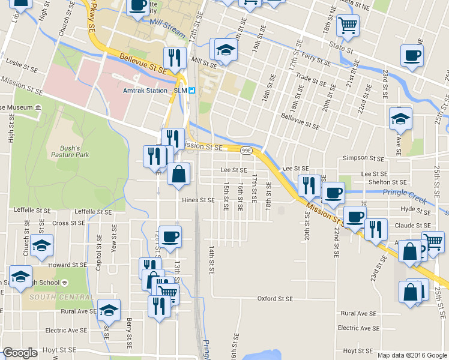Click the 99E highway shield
click(x=246, y=149)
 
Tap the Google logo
click(x=20, y=353)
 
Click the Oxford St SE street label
click(x=275, y=298)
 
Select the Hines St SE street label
click(x=198, y=200)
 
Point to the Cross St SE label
click(x=68, y=223)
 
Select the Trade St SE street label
click(x=310, y=77)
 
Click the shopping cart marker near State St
click(x=348, y=26)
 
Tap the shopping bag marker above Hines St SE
click(x=179, y=175)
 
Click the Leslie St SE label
click(x=22, y=62)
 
